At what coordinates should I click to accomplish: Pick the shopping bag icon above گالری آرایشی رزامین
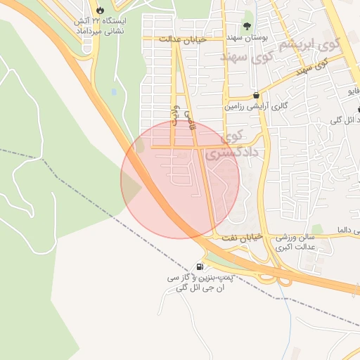[x=255, y=95]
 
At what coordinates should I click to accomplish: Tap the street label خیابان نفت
[x=242, y=238]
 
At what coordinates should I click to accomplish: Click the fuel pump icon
[x=202, y=267]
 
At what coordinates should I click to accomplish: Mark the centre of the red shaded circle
[x=180, y=179]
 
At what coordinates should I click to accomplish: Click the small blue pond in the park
[x=113, y=91]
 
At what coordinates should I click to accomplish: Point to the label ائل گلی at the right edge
[x=342, y=120]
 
